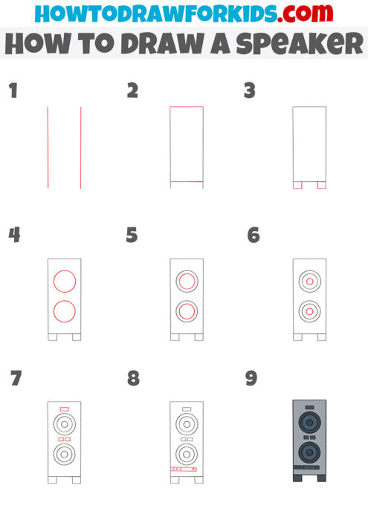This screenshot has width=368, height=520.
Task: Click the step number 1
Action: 12,91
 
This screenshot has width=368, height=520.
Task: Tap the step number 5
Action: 132,235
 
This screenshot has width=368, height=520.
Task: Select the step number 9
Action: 251,379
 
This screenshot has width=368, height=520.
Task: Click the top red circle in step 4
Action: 64,282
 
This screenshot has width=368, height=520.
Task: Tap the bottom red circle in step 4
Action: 64,312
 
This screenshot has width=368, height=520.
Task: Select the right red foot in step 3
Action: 322,184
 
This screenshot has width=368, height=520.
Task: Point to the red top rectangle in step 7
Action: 64,409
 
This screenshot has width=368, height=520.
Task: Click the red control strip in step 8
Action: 182,469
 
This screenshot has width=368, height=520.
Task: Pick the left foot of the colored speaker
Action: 297,478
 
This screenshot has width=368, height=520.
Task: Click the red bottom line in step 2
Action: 187,181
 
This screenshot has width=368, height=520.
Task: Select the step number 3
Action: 250,91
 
